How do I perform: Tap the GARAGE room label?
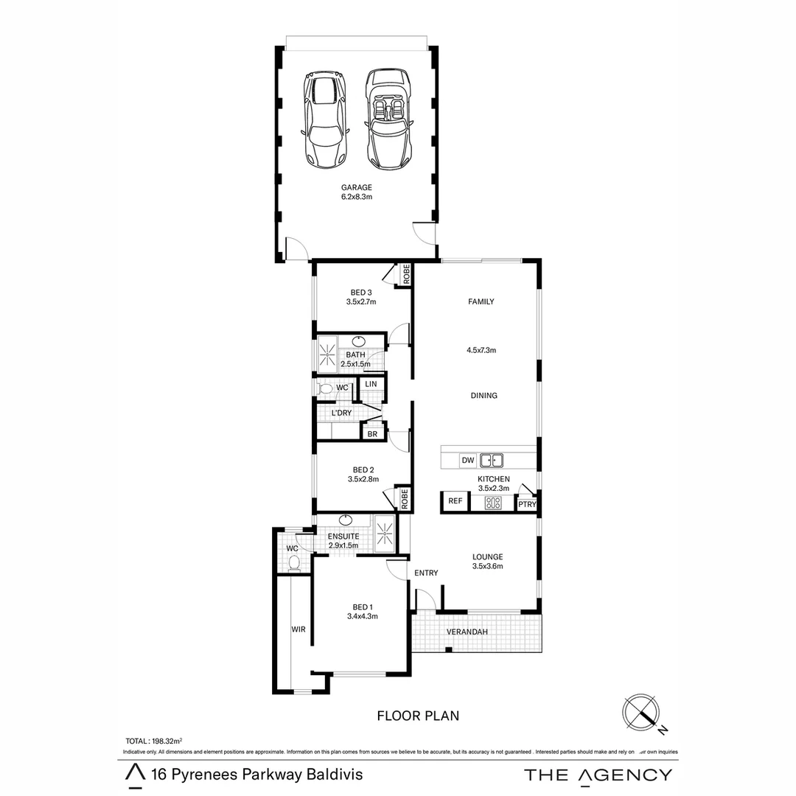pos(355,188)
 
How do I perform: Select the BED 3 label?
pos(361,293)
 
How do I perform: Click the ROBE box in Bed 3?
pos(405,274)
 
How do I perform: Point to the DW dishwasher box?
pos(467,461)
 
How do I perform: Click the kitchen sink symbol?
pos(491,461)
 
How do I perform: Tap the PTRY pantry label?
pos(526,505)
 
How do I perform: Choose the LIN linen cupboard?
pos(371,384)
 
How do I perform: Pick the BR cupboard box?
pos(372,434)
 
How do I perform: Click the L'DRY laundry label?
pos(341,413)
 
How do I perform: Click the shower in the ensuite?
pos(385,532)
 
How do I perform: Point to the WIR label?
pos(298,629)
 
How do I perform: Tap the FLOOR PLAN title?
pos(418,715)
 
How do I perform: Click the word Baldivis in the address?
pos(332,775)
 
